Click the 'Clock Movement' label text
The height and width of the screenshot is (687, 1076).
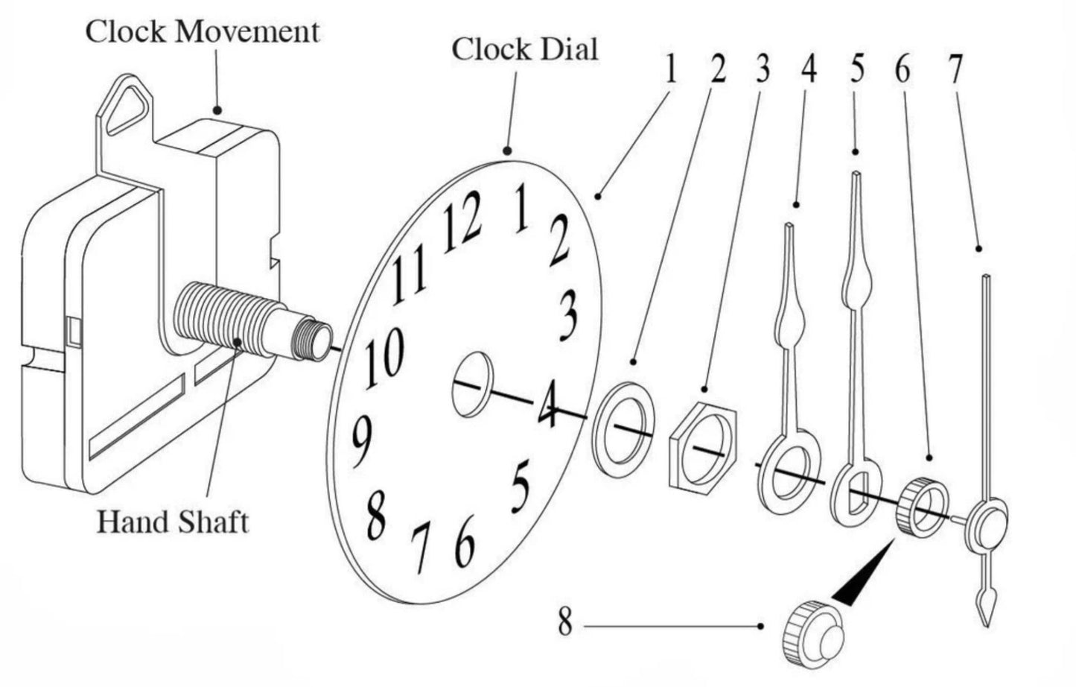(202, 32)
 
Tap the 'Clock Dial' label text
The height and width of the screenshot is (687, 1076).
(525, 50)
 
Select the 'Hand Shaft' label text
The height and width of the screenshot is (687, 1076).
(173, 522)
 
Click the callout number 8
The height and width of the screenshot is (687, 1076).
(565, 623)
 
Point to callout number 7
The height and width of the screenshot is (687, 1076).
(955, 69)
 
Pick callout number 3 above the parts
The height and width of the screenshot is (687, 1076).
(762, 69)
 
